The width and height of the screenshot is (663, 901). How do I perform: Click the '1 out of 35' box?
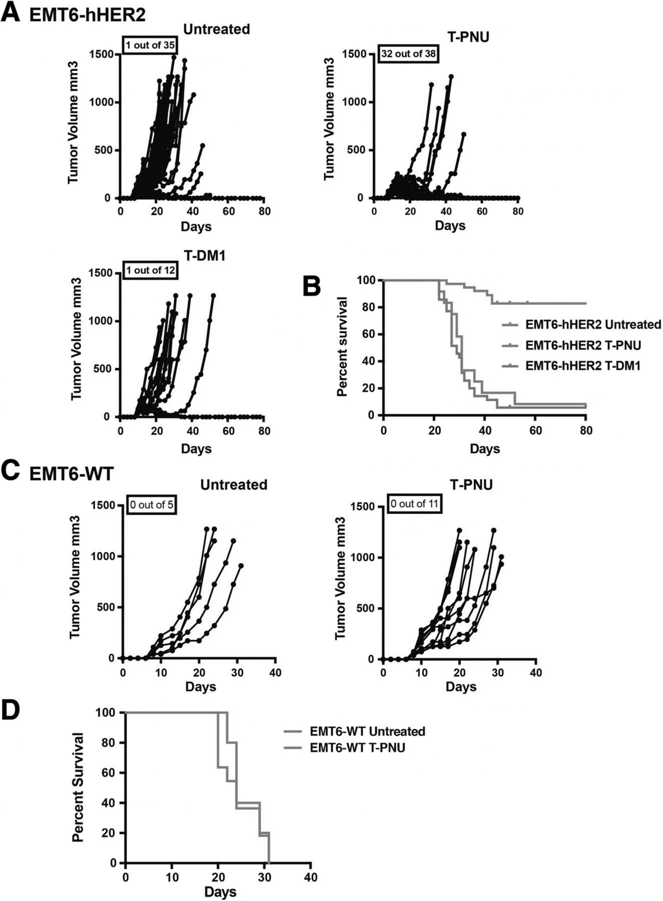click(150, 45)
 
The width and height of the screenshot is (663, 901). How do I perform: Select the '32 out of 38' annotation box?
click(408, 54)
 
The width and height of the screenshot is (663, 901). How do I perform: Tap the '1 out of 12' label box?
click(150, 270)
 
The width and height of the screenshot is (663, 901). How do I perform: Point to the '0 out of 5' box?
click(152, 505)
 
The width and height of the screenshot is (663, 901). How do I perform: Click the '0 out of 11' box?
click(415, 504)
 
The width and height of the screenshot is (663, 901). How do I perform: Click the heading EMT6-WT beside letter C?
click(71, 473)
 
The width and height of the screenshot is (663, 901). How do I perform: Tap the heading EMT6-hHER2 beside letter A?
click(87, 15)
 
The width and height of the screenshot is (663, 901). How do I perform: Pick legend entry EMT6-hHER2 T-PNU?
click(583, 345)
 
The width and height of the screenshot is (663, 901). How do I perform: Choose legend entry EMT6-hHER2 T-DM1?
click(583, 366)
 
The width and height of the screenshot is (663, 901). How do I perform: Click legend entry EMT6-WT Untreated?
click(367, 731)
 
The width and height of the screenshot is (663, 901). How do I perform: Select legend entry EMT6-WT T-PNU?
click(357, 748)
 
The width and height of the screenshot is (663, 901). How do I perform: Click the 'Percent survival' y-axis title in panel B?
click(342, 346)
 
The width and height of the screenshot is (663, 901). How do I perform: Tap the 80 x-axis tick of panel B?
click(585, 430)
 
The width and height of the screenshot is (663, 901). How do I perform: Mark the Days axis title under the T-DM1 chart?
click(196, 448)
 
